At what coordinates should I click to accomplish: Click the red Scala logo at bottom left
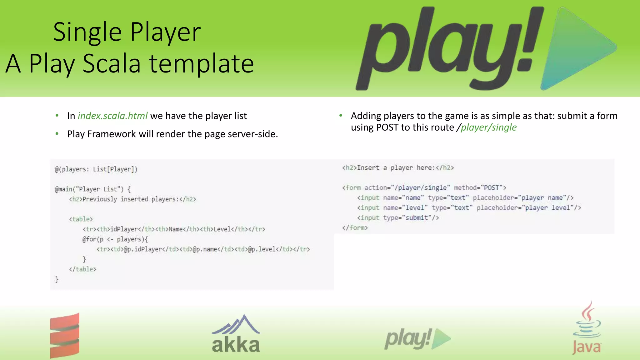(x=65, y=335)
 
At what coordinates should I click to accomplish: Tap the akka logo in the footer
(x=236, y=334)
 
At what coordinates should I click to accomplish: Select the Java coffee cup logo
(x=587, y=328)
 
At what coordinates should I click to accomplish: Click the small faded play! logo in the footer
(x=417, y=339)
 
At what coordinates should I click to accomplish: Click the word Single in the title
(x=87, y=32)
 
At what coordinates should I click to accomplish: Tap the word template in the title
(x=202, y=64)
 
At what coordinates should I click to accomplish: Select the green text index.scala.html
(x=112, y=116)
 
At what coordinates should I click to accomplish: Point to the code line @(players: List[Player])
(x=96, y=169)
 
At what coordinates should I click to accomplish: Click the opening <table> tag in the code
(x=81, y=219)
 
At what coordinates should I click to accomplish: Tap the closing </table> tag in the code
(x=82, y=269)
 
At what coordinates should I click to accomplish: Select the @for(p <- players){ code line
(x=115, y=239)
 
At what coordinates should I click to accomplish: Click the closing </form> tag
(x=355, y=228)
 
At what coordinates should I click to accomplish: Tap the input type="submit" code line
(x=398, y=218)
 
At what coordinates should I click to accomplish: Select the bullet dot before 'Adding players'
(x=341, y=116)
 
